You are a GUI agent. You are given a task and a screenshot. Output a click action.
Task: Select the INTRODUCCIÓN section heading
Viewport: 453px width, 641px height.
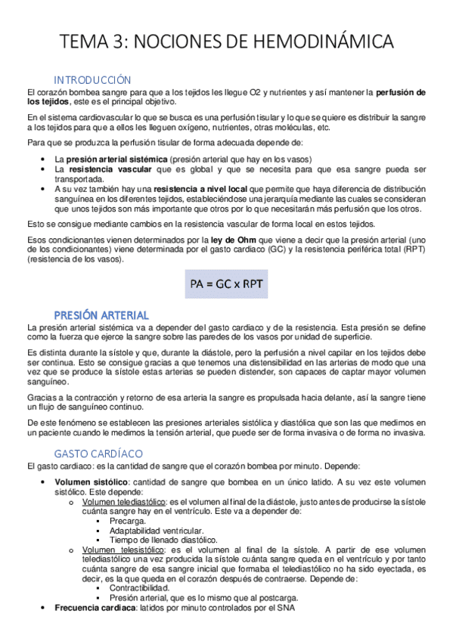click(92, 80)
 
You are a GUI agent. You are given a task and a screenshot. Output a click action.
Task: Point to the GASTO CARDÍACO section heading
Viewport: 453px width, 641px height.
click(98, 453)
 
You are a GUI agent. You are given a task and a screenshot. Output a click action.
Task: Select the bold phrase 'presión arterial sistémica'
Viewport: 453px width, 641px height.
click(116, 159)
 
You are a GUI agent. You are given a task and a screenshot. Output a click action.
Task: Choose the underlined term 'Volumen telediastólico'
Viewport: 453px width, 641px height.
click(124, 501)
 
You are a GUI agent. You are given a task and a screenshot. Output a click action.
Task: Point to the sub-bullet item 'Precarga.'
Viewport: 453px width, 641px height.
click(129, 522)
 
